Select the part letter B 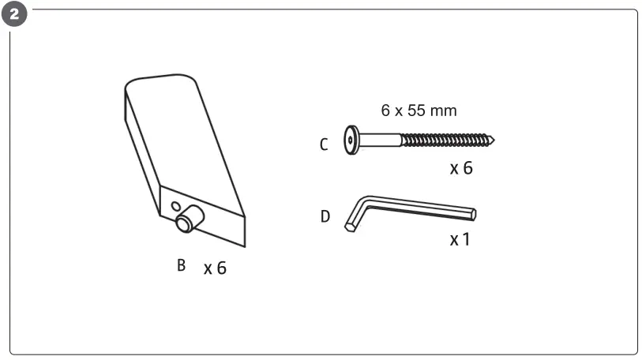181,265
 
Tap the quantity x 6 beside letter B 215,268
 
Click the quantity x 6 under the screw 461,168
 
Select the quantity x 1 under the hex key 460,238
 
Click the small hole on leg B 175,207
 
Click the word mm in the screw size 443,111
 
